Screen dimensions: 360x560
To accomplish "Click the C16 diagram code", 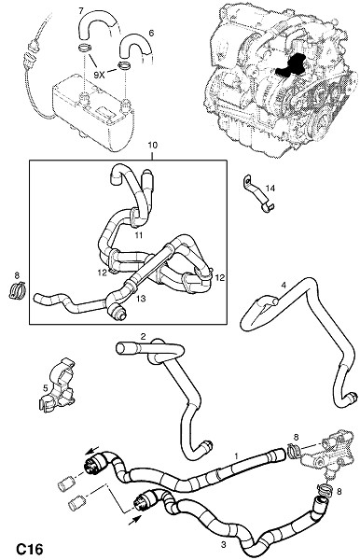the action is click(x=30, y=549).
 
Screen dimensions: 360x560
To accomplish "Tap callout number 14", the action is click(x=270, y=188).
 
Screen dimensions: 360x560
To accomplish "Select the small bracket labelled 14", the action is click(x=258, y=194).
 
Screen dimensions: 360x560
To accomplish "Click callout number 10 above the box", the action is click(x=152, y=146).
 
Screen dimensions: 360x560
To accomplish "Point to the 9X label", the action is click(x=99, y=75).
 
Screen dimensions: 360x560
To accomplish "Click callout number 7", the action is click(x=81, y=11).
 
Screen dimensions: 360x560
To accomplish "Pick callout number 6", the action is click(x=151, y=34).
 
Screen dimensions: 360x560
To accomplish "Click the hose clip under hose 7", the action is click(x=85, y=47).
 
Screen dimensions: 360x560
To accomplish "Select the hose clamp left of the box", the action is click(x=17, y=289).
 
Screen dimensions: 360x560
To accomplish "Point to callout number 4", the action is click(x=284, y=285).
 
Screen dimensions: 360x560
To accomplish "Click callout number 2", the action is click(x=143, y=336).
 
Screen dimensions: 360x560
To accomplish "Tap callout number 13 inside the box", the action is click(x=141, y=299).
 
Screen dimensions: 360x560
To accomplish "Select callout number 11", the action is click(x=138, y=234).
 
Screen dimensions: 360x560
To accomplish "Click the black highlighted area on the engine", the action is click(x=290, y=65).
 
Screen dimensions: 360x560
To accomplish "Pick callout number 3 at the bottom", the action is click(x=223, y=545).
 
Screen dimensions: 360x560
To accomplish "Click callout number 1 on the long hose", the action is click(x=236, y=456).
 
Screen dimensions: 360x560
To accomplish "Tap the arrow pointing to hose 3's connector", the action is click(x=133, y=519).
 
